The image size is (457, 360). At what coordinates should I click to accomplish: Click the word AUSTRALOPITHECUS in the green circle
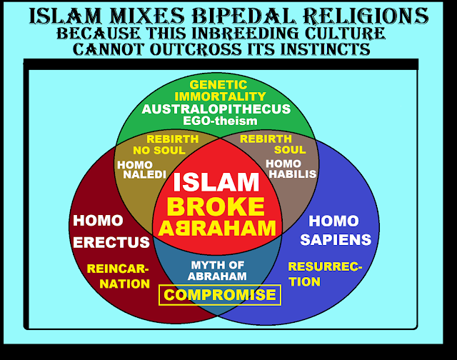[216, 109]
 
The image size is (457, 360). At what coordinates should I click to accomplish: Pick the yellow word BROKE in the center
[215, 207]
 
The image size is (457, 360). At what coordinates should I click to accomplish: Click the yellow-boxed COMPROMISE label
[220, 294]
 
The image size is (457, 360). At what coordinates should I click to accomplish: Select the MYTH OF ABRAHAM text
[219, 271]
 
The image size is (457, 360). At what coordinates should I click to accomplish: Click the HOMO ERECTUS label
[110, 231]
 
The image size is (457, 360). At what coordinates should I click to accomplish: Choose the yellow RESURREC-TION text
[324, 274]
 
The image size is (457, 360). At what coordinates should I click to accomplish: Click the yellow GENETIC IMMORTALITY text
[217, 90]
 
